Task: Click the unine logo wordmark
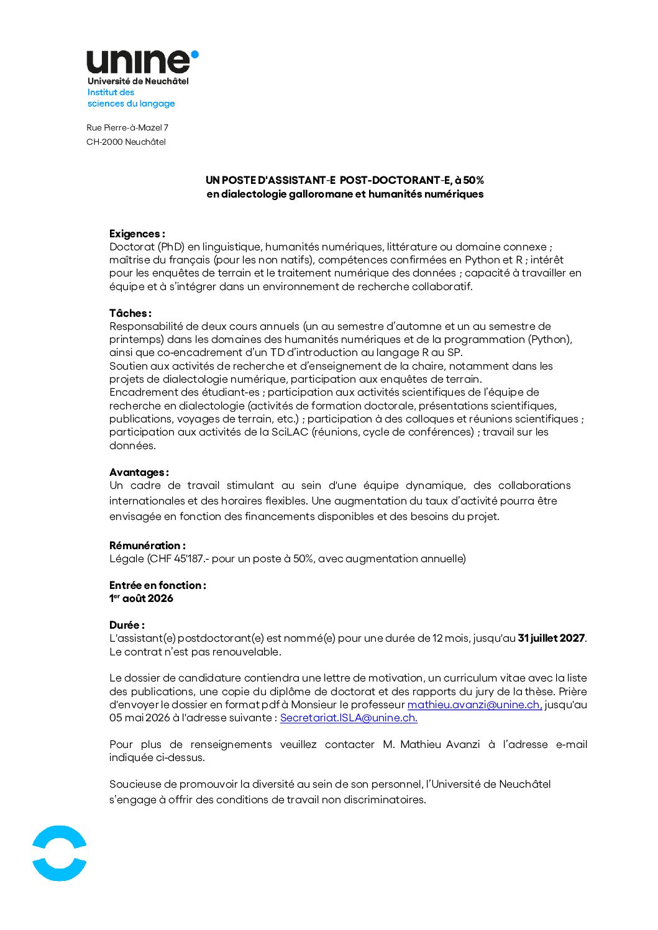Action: (x=138, y=62)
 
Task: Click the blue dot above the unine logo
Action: (x=194, y=55)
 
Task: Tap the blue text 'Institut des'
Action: (x=111, y=93)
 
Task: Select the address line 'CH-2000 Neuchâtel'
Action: (x=126, y=142)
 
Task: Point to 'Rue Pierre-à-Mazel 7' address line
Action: (x=127, y=127)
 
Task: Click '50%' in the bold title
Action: (x=473, y=180)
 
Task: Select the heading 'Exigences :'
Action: (x=137, y=234)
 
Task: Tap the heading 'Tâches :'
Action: (x=130, y=313)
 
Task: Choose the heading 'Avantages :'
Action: (x=139, y=472)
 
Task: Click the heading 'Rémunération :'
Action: (x=147, y=545)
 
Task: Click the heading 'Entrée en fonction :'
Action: (x=158, y=585)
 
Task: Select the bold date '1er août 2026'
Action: (x=142, y=598)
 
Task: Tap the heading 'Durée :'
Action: (x=127, y=625)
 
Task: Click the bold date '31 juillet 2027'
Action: (x=551, y=638)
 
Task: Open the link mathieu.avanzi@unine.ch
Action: (x=475, y=704)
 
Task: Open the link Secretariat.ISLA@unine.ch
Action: (x=349, y=718)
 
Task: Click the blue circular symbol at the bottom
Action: (x=60, y=853)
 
